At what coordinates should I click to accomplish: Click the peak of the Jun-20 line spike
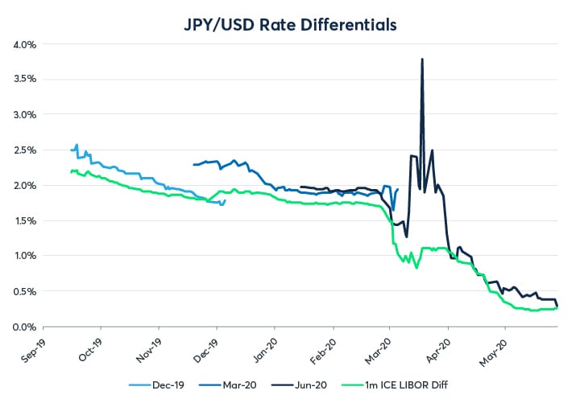tap(422, 59)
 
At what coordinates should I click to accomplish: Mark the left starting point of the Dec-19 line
tap(72, 150)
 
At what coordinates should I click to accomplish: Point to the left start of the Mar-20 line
tap(193, 165)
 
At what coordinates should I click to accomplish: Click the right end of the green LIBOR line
tap(558, 306)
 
